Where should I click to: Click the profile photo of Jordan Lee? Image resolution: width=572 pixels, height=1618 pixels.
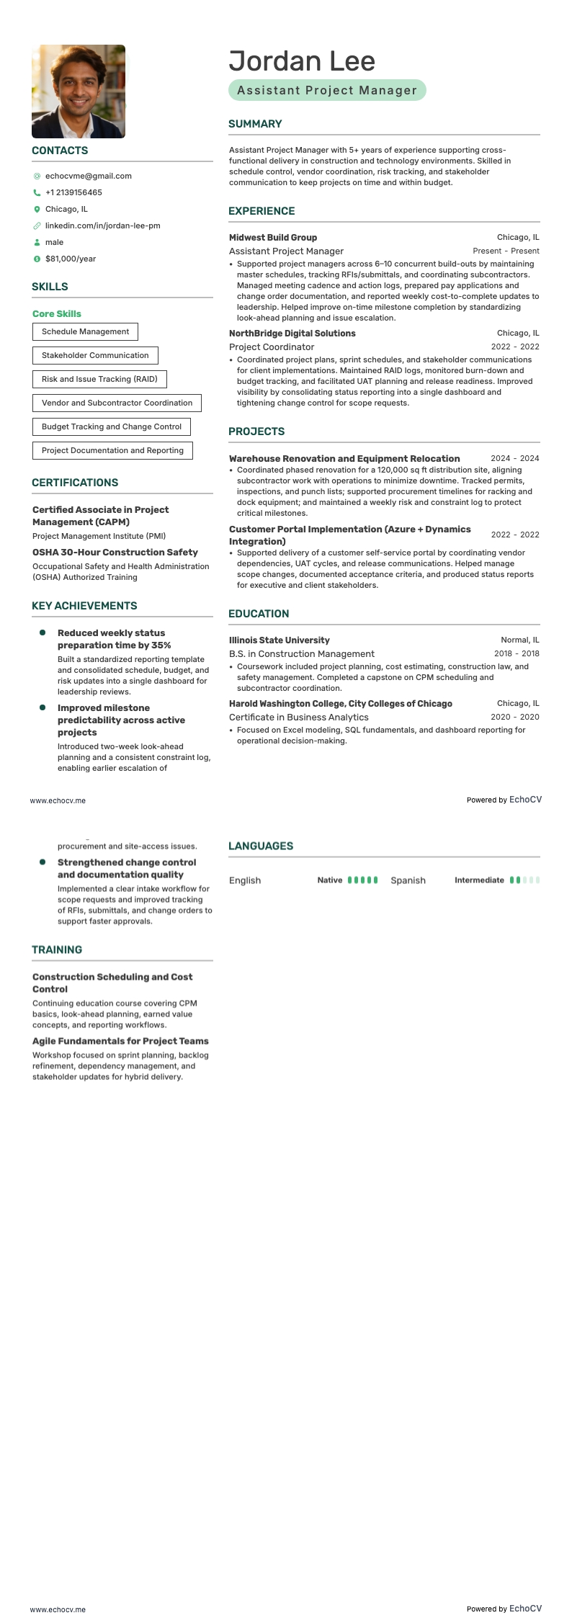(x=79, y=91)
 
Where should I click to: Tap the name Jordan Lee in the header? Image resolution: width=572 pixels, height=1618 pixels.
(x=302, y=61)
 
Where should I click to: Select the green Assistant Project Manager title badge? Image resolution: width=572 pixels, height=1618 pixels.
(x=327, y=90)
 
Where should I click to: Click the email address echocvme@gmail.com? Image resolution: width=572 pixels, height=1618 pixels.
(x=88, y=176)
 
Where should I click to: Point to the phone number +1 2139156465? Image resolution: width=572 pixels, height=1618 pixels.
(x=73, y=192)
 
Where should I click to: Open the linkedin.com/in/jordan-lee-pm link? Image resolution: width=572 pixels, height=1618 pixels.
(x=102, y=225)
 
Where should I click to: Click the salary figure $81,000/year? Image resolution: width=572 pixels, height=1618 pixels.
(x=71, y=259)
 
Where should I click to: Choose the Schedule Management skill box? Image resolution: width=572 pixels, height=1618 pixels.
(x=85, y=331)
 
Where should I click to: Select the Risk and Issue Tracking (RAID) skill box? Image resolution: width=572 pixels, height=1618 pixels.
(x=99, y=379)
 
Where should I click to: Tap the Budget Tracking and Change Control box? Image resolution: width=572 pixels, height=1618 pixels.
(x=112, y=426)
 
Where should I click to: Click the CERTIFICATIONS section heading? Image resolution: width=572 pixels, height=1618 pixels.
(x=75, y=483)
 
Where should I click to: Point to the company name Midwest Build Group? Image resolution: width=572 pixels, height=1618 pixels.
(x=273, y=238)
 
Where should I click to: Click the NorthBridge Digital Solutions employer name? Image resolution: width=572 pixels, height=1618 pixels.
(x=292, y=334)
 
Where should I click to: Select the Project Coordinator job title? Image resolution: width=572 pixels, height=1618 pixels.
(x=272, y=347)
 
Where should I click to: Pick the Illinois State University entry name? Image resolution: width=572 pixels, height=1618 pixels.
(x=280, y=640)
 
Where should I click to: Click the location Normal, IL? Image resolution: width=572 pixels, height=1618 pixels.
(x=519, y=640)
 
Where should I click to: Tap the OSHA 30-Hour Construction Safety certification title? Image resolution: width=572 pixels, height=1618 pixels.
(x=115, y=553)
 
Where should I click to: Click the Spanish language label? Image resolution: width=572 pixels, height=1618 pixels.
(x=408, y=880)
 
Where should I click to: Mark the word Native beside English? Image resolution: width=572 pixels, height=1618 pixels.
(x=330, y=880)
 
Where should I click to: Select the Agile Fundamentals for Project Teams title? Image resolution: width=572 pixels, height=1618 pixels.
(x=120, y=1041)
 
